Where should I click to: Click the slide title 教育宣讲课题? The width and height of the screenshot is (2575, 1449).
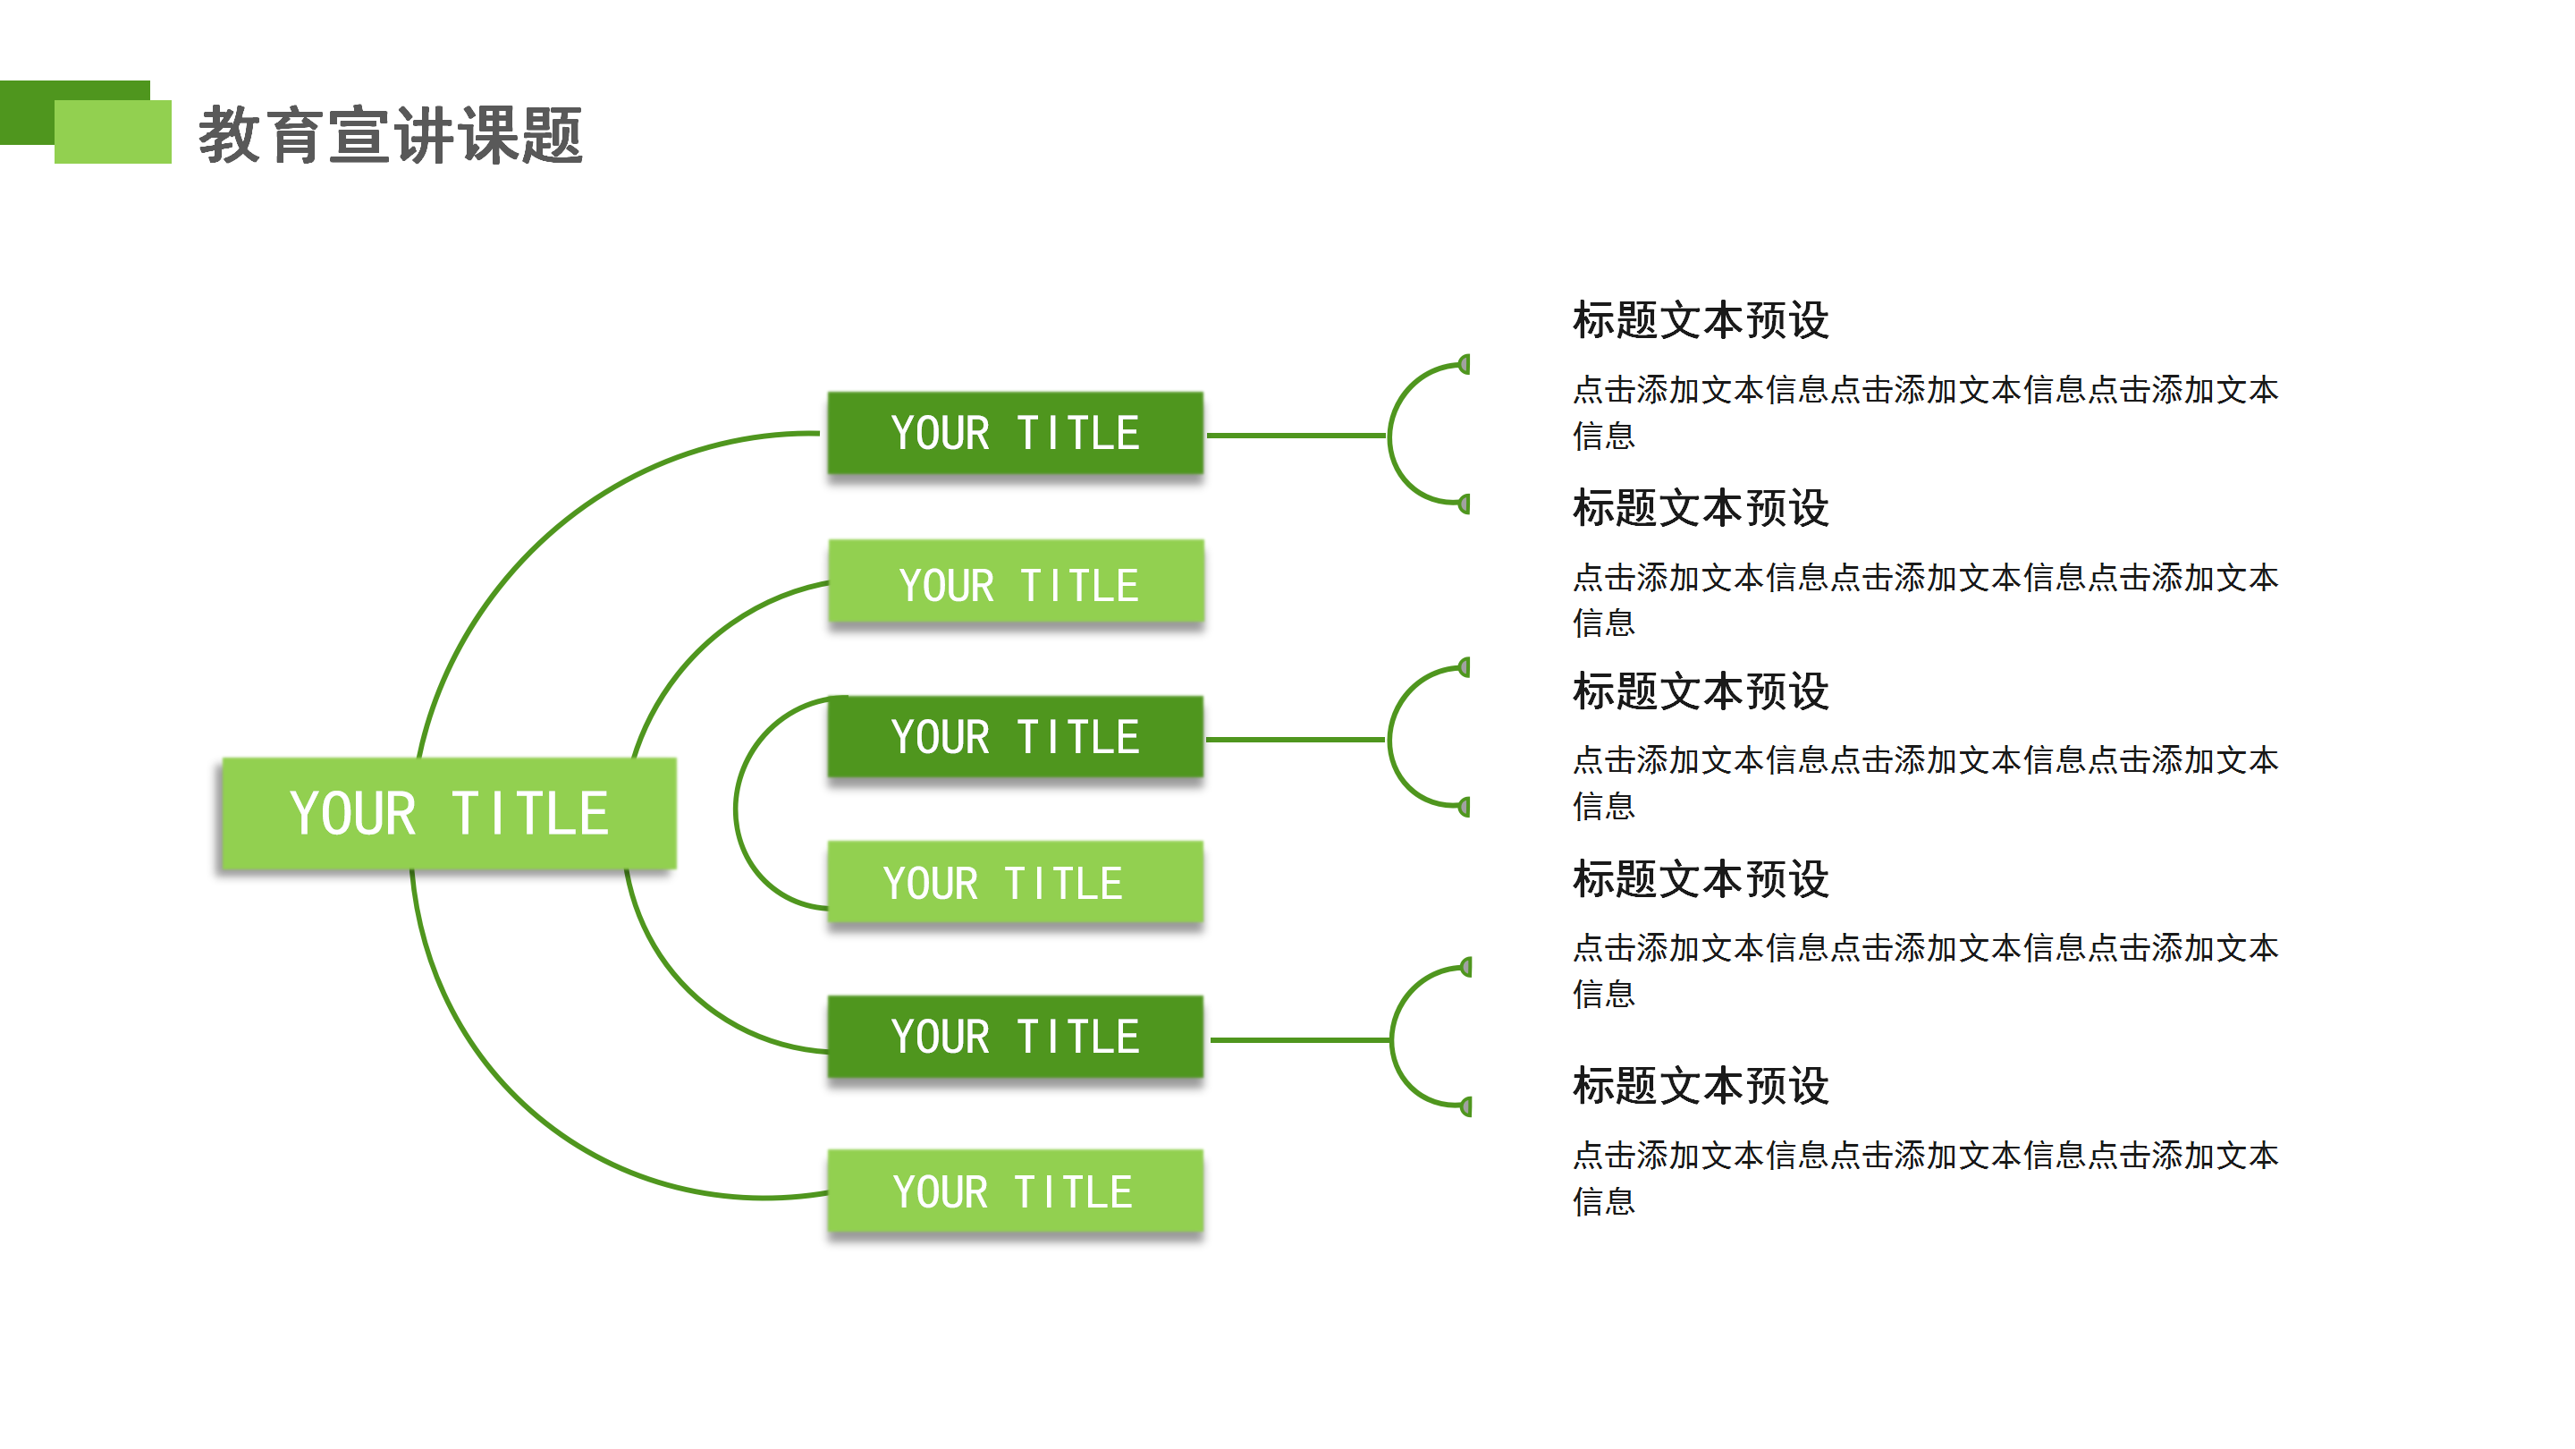coord(390,135)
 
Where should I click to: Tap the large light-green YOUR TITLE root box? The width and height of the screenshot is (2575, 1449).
coord(449,813)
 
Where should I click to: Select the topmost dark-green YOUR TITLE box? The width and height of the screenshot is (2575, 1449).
coord(1015,433)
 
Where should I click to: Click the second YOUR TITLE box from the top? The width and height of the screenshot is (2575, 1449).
coord(1017,583)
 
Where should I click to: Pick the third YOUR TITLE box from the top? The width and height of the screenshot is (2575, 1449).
coord(1015,737)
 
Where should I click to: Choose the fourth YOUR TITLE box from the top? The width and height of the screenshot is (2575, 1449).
coord(1015,883)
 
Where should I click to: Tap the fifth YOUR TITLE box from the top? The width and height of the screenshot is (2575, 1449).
coord(1015,1037)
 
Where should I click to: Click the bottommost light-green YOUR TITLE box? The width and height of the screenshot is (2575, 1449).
coord(1015,1191)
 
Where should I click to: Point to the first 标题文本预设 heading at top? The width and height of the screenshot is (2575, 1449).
coord(1701,321)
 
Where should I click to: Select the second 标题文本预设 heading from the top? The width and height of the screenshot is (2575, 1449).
coord(1701,508)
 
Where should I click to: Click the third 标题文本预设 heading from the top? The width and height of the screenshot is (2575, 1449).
coord(1701,691)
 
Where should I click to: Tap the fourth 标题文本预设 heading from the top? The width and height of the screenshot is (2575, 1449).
coord(1701,879)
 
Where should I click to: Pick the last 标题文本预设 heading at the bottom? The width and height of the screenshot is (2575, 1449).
coord(1701,1085)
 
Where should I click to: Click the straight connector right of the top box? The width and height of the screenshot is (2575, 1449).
coord(1296,435)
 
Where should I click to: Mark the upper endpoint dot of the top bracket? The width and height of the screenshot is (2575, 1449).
coord(1465,364)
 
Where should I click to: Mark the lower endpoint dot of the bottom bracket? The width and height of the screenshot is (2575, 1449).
coord(1466,1106)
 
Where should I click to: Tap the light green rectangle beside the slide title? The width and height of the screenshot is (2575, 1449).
coord(112,132)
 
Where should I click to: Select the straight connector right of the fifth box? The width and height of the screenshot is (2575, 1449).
coord(1299,1040)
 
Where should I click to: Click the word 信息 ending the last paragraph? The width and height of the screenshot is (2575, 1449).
coord(1603,1201)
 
